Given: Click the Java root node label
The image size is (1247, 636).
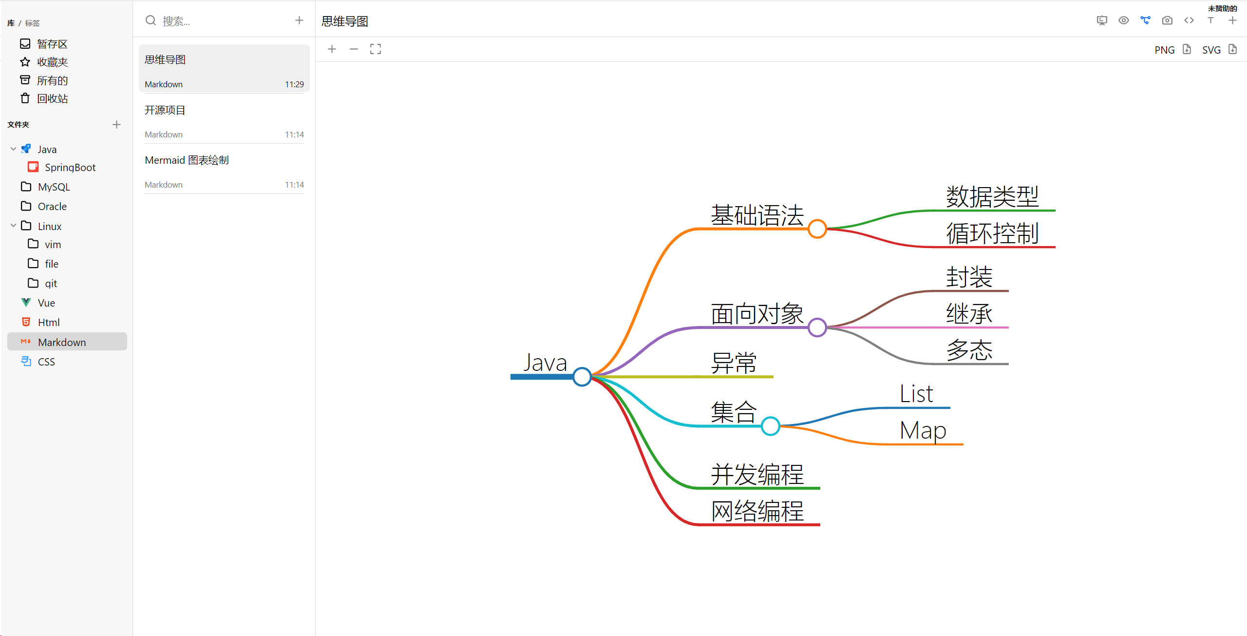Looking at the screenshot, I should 545,363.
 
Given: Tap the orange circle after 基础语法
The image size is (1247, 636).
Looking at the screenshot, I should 817,229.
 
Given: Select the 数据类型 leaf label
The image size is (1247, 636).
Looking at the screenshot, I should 992,197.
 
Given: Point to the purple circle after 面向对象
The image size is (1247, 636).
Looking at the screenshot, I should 817,328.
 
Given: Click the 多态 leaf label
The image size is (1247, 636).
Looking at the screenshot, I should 969,350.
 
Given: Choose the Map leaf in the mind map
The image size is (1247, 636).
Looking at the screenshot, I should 923,431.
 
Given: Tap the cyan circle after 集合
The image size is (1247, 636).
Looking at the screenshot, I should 770,426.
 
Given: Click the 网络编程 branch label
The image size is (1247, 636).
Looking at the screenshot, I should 757,511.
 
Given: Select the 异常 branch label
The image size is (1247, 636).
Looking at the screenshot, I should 734,363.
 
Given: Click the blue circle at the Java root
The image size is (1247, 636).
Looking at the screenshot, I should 582,377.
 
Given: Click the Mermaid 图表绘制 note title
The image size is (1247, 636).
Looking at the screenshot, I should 187,160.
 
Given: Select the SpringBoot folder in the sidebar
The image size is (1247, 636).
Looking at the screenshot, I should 70,168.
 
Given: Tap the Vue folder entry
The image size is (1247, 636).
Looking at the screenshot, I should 46,303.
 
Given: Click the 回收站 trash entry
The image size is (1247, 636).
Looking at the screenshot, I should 52,99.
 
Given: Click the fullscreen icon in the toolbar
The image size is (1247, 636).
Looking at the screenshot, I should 375,49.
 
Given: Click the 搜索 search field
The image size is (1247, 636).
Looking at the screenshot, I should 219,21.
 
